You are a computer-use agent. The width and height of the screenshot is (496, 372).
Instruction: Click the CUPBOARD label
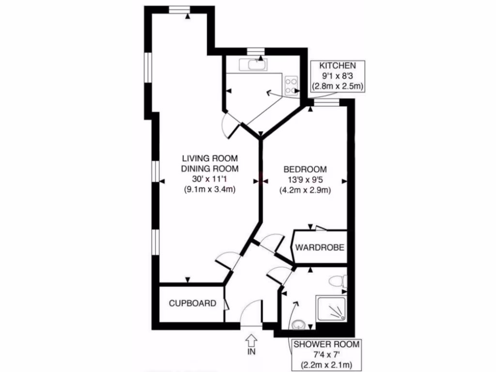coord(192,304)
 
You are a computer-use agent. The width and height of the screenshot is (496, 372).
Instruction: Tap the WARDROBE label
coord(320,248)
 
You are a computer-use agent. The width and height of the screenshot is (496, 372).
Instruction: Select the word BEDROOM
coord(305,170)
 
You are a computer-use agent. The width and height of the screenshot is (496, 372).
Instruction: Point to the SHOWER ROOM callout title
coord(326,344)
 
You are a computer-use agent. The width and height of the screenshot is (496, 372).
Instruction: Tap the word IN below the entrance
coord(251,352)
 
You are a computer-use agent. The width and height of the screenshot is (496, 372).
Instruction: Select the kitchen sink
coord(255,64)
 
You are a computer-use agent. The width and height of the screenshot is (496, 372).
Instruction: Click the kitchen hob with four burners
coord(292,85)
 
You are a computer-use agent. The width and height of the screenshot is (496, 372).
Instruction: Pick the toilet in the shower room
coord(338,281)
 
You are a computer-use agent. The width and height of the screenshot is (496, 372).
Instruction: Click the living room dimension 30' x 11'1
coord(210,179)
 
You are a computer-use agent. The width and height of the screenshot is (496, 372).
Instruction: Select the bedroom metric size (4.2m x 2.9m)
coord(305,190)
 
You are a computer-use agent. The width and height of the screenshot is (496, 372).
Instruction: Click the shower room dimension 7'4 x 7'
coord(326,355)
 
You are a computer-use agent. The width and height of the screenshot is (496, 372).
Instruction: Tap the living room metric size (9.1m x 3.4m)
coord(210,190)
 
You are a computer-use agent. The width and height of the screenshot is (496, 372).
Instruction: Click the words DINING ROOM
coord(210,169)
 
